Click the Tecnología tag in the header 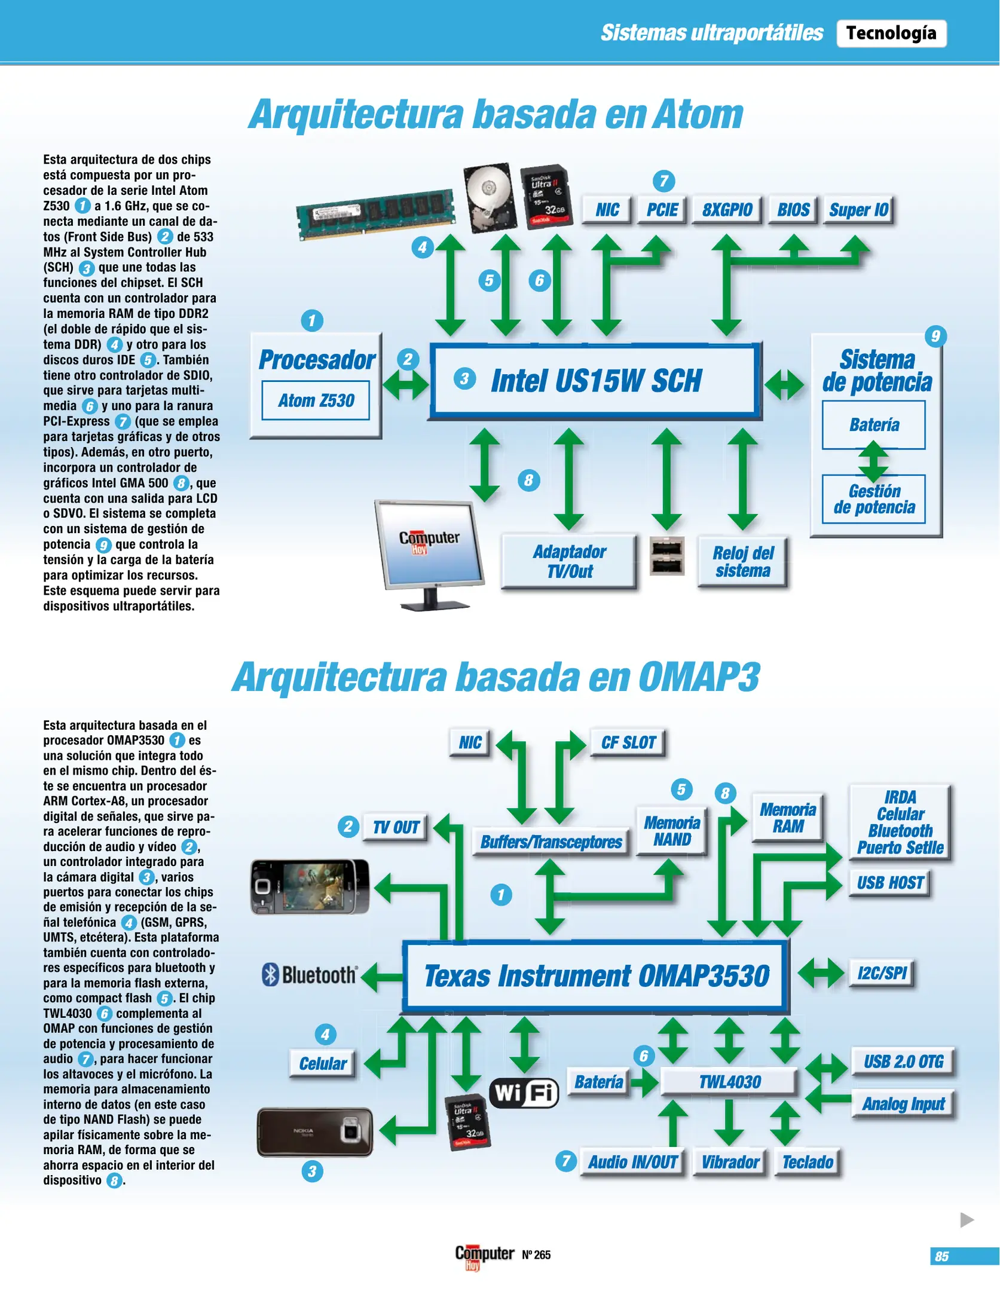coord(891,33)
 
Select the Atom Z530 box coord(316,400)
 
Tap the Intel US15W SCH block coord(595,381)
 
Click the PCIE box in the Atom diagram coord(662,210)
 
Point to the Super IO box coord(858,210)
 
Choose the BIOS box coord(793,210)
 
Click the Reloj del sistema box coord(742,561)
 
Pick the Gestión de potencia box coord(874,499)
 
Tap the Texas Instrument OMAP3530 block coord(596,975)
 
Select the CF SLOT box coord(628,743)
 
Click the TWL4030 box coord(729,1082)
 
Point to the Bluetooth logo coord(310,975)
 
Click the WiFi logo coord(524,1093)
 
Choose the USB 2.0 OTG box coord(903,1061)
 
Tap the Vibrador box coord(730,1162)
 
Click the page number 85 coord(942,1256)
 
